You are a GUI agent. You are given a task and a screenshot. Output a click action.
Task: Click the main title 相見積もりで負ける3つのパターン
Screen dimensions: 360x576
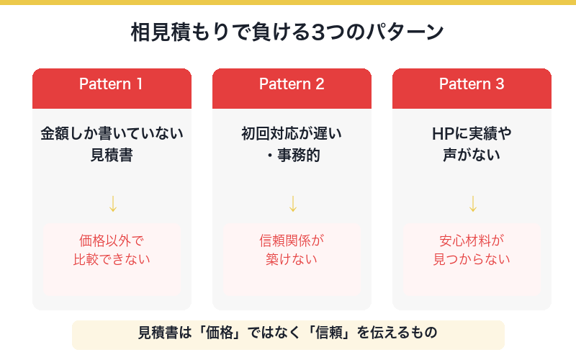pyautogui.click(x=288, y=33)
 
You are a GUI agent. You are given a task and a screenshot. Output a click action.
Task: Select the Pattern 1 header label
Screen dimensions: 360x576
pyautogui.click(x=112, y=84)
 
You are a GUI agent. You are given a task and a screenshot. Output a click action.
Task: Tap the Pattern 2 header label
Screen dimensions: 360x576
pyautogui.click(x=292, y=84)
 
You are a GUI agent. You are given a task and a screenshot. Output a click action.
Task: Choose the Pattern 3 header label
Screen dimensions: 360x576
pyautogui.click(x=472, y=84)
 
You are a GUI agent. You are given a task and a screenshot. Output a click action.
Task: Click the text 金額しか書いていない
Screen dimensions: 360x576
pyautogui.click(x=112, y=133)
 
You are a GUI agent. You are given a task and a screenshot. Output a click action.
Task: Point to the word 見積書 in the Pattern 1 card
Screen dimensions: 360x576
pyautogui.click(x=112, y=155)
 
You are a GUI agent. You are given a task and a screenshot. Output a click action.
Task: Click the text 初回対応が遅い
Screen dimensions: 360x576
pyautogui.click(x=292, y=133)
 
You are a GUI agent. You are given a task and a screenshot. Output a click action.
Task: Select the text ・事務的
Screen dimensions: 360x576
pyautogui.click(x=292, y=155)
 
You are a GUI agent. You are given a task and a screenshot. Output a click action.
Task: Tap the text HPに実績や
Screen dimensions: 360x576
pyautogui.click(x=472, y=133)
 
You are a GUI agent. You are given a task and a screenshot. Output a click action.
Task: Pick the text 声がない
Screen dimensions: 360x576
pyautogui.click(x=472, y=155)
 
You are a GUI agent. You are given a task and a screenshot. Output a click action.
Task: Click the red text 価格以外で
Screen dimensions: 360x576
pyautogui.click(x=112, y=241)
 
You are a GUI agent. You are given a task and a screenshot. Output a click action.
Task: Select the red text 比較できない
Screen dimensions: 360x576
pyautogui.click(x=112, y=260)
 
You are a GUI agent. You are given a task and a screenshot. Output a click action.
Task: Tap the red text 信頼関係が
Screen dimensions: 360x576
pyautogui.click(x=292, y=241)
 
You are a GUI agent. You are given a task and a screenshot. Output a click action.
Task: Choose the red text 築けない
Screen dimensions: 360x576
pyautogui.click(x=292, y=260)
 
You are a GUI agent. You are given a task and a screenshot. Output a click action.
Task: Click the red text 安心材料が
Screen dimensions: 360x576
pyautogui.click(x=472, y=241)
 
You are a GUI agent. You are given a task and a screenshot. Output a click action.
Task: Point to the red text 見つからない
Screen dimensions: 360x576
pyautogui.click(x=472, y=260)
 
